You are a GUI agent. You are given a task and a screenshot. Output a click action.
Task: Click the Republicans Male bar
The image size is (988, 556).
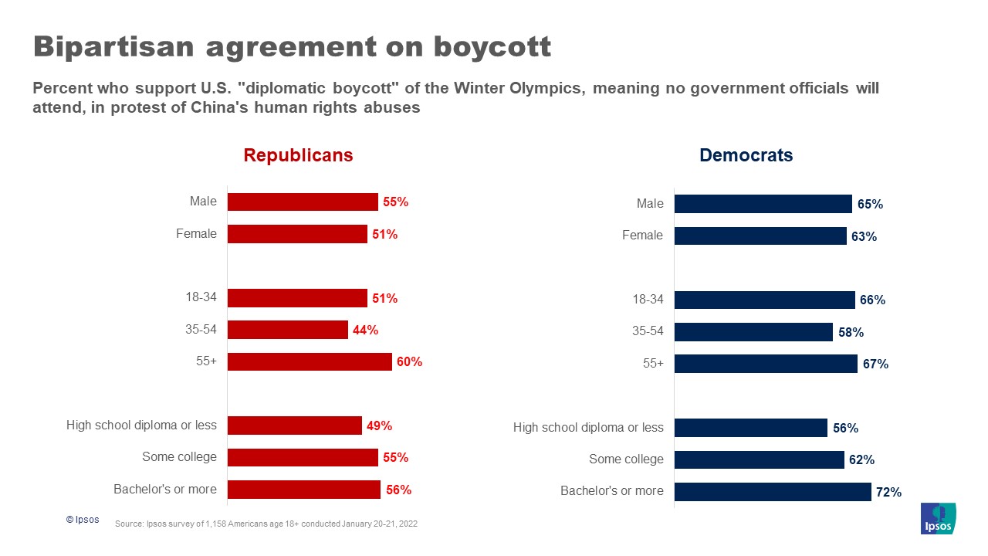(303, 202)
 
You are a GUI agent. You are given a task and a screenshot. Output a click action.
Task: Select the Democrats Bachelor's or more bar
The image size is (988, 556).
(773, 492)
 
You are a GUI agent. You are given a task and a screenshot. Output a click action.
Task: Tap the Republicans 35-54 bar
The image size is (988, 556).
(288, 330)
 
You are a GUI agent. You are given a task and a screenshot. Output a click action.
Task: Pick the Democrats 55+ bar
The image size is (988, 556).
(766, 364)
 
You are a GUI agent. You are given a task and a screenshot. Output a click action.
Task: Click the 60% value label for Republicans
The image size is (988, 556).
(409, 361)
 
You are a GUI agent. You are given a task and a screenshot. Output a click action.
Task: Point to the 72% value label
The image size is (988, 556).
(888, 492)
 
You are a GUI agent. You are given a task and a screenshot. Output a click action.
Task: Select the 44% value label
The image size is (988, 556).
(365, 330)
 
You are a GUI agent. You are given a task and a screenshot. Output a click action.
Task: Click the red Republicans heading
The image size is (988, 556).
(298, 155)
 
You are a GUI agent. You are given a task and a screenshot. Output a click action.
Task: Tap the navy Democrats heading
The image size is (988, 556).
(746, 155)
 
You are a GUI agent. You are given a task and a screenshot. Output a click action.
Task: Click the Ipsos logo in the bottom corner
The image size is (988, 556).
(938, 518)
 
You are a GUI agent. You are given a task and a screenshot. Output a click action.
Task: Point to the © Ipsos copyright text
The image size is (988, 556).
(83, 520)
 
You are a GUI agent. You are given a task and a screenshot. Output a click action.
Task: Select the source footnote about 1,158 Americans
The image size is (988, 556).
(266, 524)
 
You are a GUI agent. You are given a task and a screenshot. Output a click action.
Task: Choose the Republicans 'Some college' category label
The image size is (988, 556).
(179, 457)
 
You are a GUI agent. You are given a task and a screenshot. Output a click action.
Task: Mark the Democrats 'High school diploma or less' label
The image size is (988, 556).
(588, 428)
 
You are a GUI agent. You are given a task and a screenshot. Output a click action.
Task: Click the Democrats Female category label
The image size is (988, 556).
(642, 236)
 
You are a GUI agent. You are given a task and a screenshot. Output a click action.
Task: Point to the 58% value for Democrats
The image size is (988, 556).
(851, 332)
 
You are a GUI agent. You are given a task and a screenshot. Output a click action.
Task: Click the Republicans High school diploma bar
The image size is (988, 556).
(295, 425)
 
